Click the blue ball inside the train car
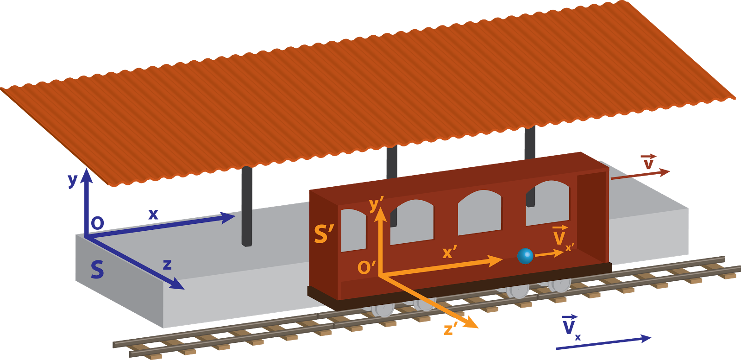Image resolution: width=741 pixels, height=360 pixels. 525,256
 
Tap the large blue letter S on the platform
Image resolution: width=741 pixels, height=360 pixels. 97,270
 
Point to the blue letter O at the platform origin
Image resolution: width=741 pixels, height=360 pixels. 97,224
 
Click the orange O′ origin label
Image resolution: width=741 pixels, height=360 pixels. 366,267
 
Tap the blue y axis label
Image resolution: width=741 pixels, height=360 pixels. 72,180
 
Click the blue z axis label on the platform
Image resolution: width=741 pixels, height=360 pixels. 167,265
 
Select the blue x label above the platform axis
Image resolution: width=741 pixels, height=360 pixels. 153,214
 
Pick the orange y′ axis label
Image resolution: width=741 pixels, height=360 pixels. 376,204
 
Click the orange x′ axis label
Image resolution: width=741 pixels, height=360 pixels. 449,252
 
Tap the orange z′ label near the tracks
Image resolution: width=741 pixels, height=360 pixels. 450,329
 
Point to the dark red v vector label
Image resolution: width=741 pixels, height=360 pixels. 648,162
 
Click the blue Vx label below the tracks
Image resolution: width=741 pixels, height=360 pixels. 571,326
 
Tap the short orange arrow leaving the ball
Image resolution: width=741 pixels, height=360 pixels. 549,254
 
